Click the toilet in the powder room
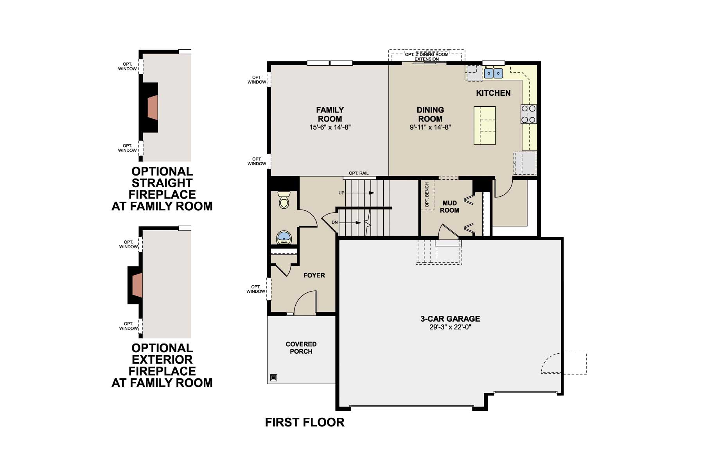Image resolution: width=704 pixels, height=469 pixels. pos(284,200)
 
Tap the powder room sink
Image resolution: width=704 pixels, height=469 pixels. pos(284,237)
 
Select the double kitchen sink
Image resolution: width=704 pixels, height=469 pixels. pos(493,73)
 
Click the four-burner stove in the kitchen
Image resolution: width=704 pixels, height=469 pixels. pos(528,114)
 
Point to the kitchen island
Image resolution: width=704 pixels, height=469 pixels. pos(485,125)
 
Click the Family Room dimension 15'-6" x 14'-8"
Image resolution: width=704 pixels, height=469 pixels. pos(330,127)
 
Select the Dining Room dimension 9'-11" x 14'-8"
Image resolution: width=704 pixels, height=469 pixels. pos(430,127)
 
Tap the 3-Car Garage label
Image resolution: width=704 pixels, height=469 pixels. pos(450,319)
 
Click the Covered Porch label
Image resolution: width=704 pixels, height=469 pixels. pos(301,347)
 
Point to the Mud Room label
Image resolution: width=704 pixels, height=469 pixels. pos(449,207)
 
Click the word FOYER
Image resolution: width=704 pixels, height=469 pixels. pos(314,276)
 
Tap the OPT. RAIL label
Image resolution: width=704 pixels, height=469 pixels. pos(358,173)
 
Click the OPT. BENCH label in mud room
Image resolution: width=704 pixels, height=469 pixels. pos(427,195)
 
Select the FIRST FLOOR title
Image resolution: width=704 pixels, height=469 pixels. pos(305,422)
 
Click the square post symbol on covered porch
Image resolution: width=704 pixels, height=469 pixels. pos(273,378)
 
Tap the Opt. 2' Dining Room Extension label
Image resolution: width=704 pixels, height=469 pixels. pos(427,57)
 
